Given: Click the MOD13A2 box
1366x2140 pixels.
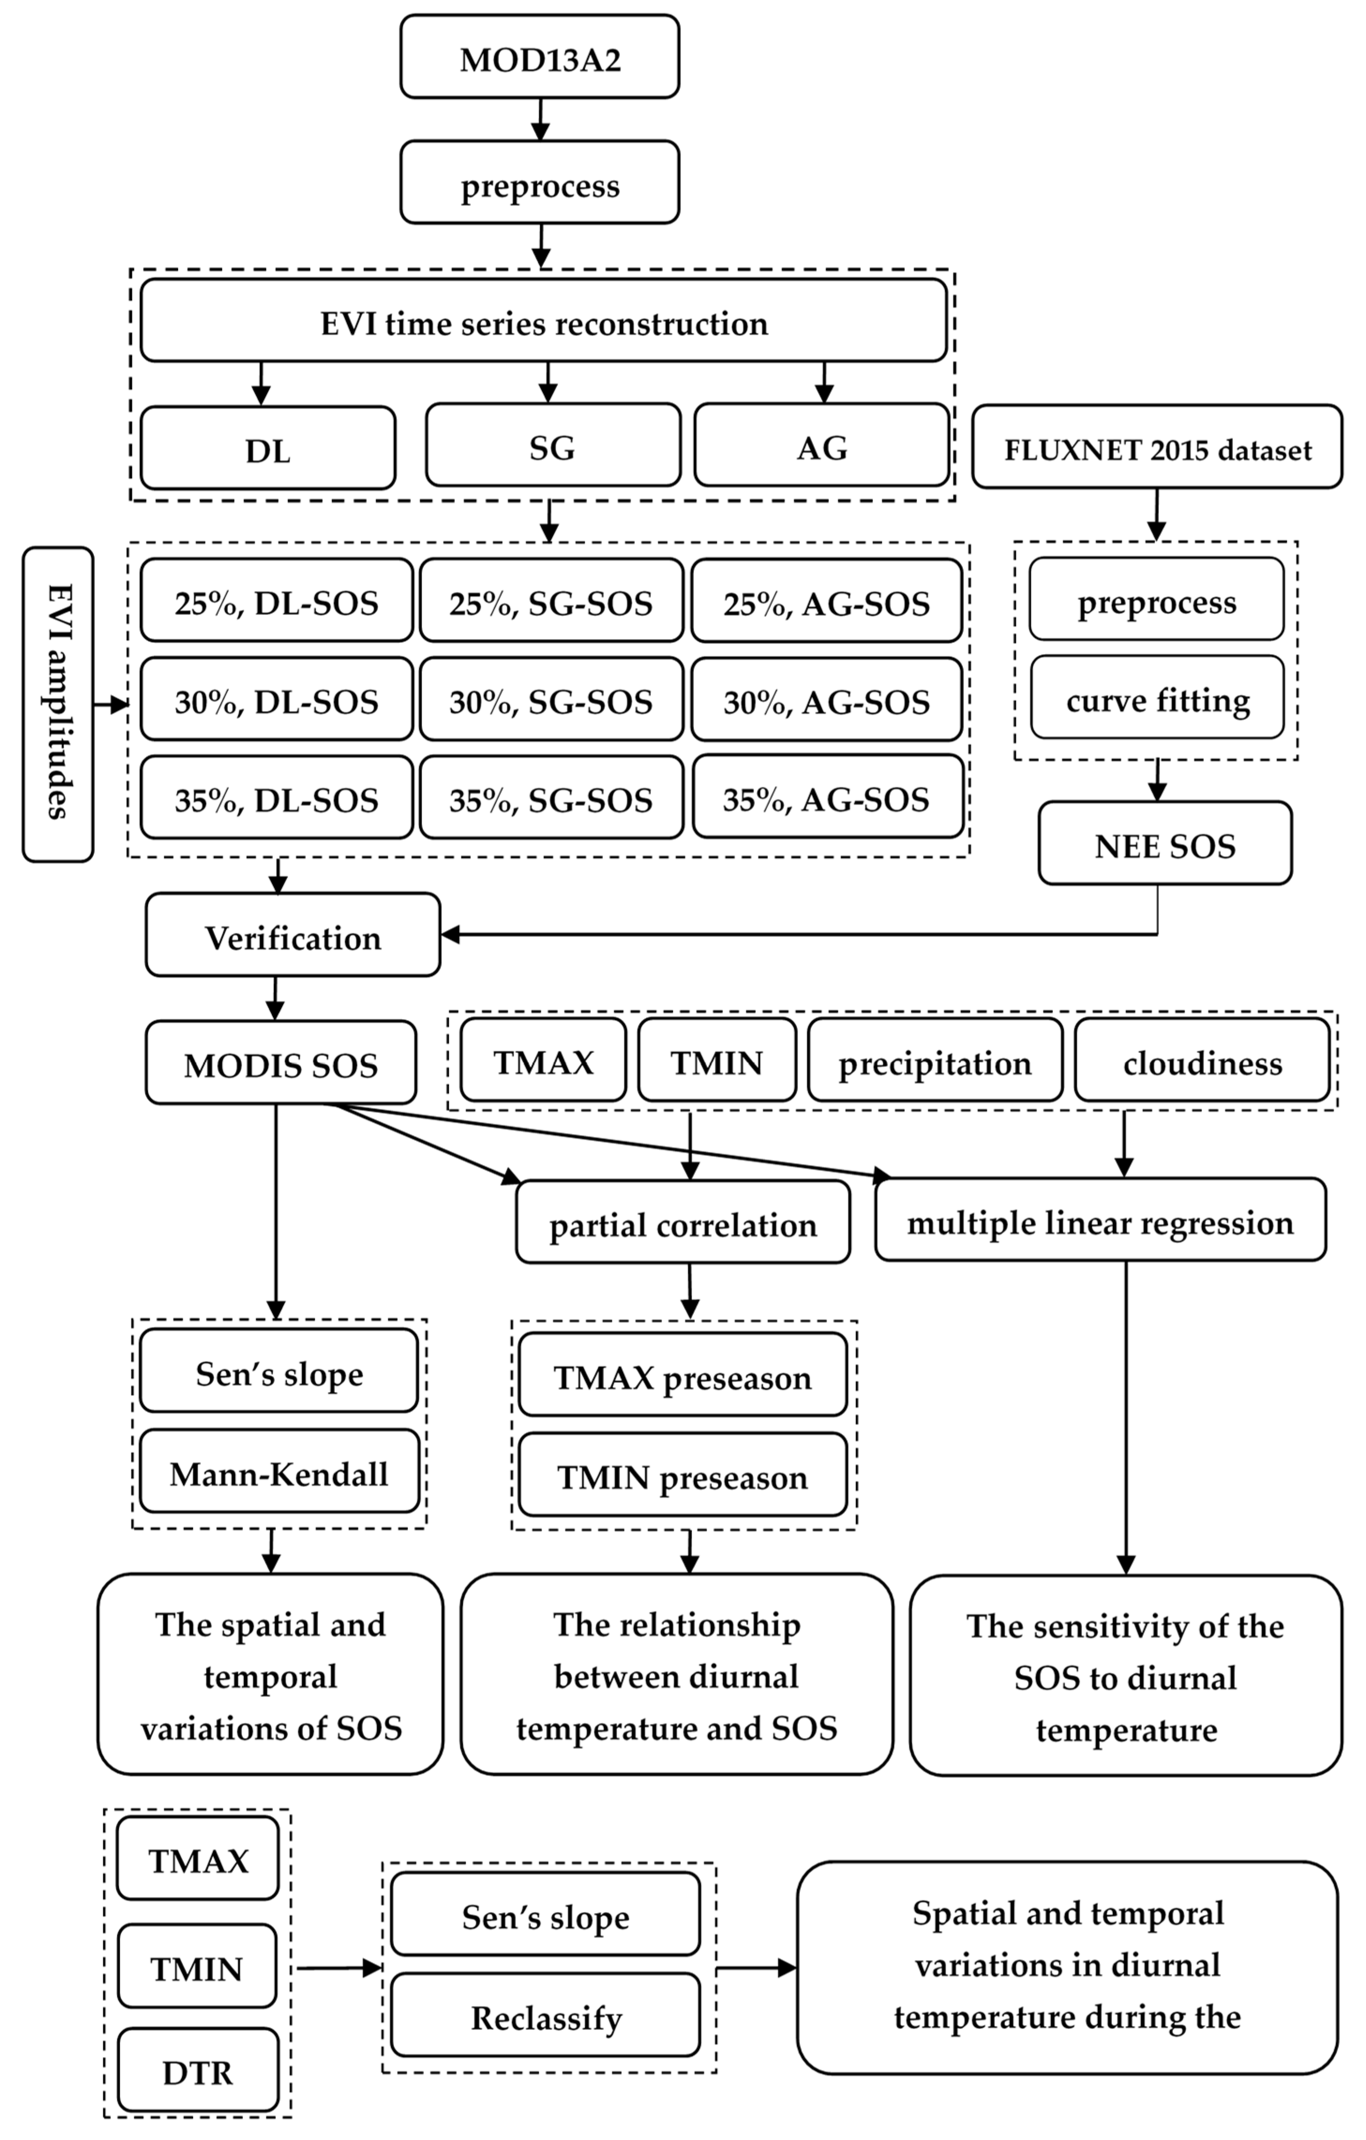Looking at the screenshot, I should pos(539,57).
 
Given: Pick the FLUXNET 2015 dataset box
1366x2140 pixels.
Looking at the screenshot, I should pos(1156,447).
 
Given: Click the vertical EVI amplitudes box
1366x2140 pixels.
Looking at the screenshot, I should pos(58,704).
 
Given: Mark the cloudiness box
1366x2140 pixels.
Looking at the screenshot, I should pos(1202,1061).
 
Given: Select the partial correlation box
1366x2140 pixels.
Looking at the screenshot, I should pos(683,1223).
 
